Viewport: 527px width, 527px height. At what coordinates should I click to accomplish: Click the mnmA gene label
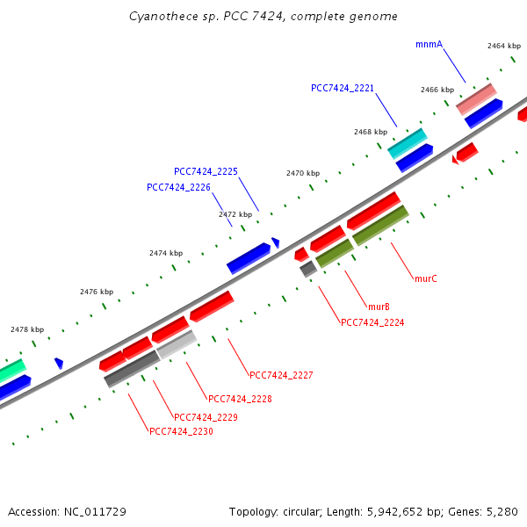tap(429, 45)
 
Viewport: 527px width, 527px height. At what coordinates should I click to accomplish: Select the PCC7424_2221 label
tap(343, 88)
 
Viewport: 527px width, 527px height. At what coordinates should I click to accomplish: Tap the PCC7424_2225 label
tap(206, 171)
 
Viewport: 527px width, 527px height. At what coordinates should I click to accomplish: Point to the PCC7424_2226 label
tap(178, 187)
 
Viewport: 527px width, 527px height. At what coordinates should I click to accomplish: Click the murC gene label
tap(426, 278)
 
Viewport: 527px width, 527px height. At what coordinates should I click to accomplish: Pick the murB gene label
tap(379, 307)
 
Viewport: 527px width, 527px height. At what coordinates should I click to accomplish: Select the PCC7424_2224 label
tap(372, 322)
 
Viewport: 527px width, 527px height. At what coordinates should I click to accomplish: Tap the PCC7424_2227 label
tap(281, 375)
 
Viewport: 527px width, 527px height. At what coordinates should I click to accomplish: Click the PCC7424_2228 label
tap(240, 399)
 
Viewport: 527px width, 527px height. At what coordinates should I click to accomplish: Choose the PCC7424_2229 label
tap(206, 417)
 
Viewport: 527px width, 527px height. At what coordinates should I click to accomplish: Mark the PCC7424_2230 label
tap(181, 431)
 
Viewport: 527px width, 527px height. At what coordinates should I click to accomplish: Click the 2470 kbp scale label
tap(303, 173)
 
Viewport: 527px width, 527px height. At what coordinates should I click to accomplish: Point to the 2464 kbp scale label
tap(504, 46)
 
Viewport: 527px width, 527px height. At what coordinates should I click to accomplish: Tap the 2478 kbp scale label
tap(27, 329)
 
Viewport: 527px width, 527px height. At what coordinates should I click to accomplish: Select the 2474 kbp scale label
tap(166, 253)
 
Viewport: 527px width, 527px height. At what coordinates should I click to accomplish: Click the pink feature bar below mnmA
tap(476, 99)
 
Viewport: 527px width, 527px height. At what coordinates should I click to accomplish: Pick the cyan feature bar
tap(408, 143)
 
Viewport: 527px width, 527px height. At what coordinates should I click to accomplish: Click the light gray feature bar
tap(177, 344)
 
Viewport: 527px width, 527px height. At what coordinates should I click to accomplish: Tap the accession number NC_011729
tap(95, 512)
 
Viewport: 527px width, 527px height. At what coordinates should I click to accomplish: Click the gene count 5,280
tap(502, 512)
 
